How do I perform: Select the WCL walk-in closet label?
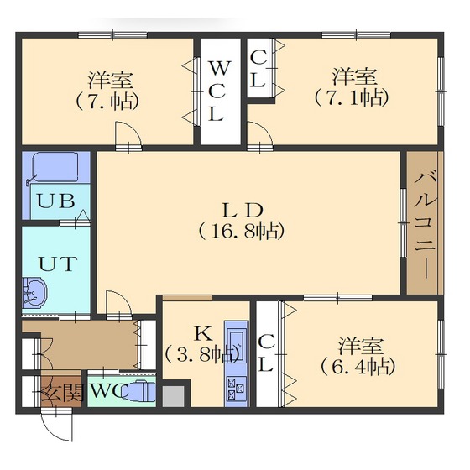(x=217, y=90)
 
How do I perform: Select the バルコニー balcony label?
(x=423, y=222)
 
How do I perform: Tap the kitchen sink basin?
(x=236, y=345)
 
